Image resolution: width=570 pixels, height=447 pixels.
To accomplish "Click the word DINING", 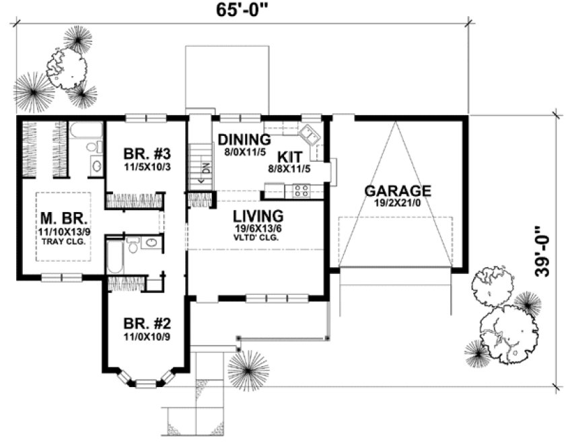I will point(244,140).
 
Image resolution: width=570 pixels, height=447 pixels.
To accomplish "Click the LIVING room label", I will point(257,215).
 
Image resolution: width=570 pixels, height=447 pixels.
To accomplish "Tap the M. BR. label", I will point(61,219).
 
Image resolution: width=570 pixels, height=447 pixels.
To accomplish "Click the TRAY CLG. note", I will point(61,242).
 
